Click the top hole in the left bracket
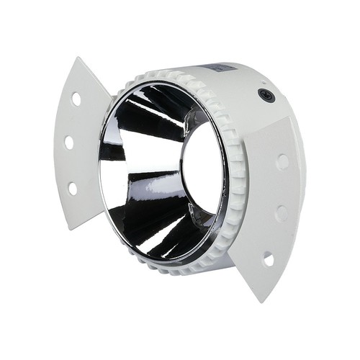point(76,99)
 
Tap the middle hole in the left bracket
point(69,143)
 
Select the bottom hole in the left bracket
point(73,188)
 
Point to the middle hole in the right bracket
point(282,213)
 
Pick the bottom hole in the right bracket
point(268,258)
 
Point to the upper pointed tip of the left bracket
point(78,60)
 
